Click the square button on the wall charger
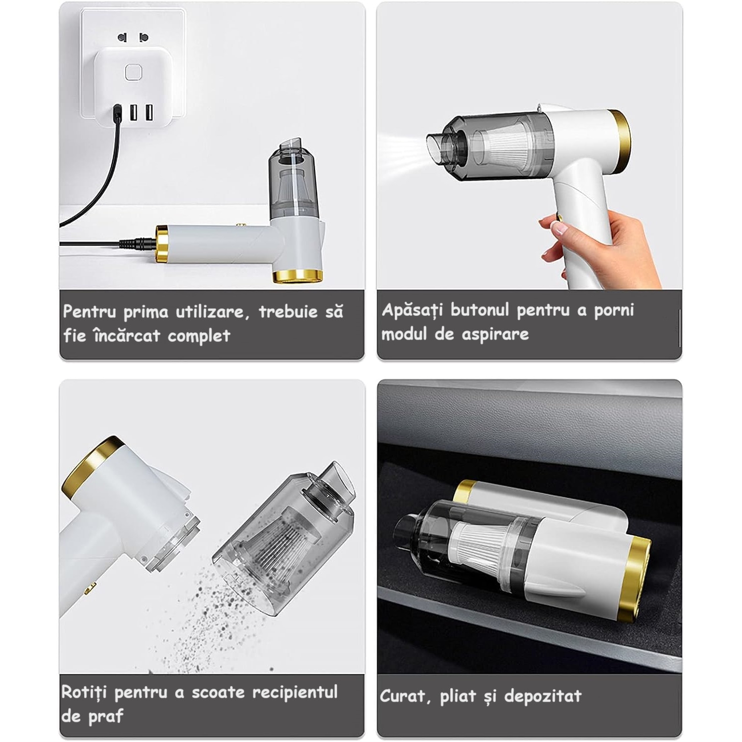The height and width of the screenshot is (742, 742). point(133,73)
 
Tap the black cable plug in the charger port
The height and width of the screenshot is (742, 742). point(118,114)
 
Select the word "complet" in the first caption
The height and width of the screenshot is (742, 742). point(199,336)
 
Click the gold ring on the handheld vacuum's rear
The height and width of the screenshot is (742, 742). point(621,140)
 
